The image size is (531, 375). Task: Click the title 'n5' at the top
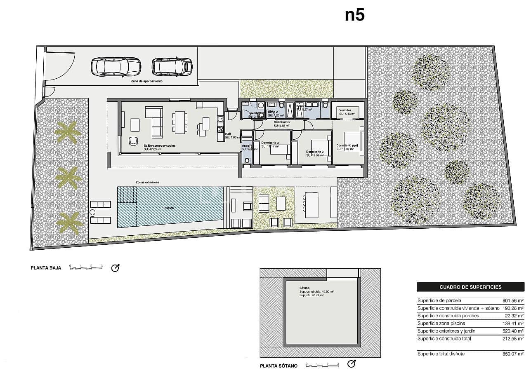pyautogui.click(x=354, y=15)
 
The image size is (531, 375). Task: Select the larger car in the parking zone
pyautogui.click(x=116, y=66)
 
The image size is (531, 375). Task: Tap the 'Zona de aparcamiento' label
pyautogui.click(x=144, y=82)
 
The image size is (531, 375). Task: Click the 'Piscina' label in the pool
pyautogui.click(x=168, y=208)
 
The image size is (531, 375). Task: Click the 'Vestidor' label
pyautogui.click(x=345, y=110)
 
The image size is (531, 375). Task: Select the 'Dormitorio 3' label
pyautogui.click(x=270, y=143)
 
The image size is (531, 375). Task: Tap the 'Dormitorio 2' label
pyautogui.click(x=314, y=152)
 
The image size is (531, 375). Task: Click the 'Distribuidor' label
pyautogui.click(x=282, y=122)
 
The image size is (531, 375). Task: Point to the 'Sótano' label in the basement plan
pyautogui.click(x=304, y=288)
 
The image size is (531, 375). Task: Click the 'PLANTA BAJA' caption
pyautogui.click(x=46, y=268)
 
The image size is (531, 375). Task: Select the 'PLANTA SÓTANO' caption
pyautogui.click(x=278, y=366)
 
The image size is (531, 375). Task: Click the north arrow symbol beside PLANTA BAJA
pyautogui.click(x=116, y=268)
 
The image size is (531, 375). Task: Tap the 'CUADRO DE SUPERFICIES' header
pyautogui.click(x=470, y=287)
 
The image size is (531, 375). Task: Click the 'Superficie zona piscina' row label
pyautogui.click(x=441, y=323)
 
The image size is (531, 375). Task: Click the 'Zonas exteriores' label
pyautogui.click(x=147, y=182)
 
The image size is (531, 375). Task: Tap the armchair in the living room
pyautogui.click(x=133, y=141)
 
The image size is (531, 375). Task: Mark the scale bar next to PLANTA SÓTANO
pyautogui.click(x=322, y=365)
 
